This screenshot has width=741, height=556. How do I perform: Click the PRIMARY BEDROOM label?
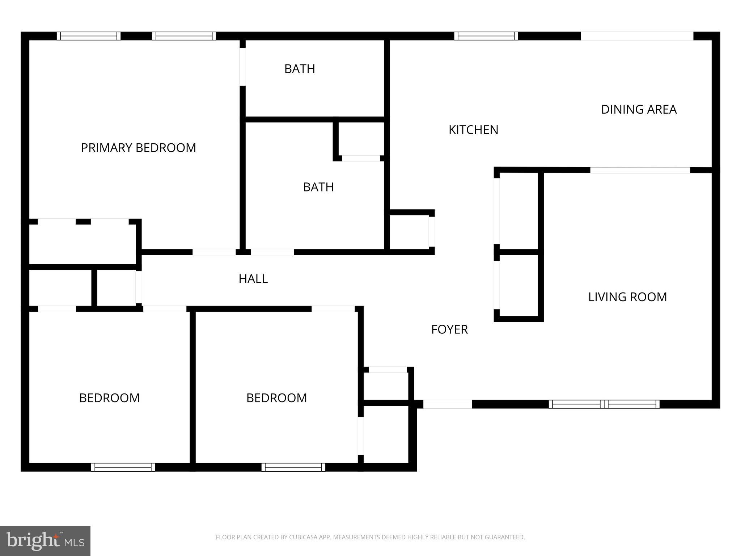click(138, 148)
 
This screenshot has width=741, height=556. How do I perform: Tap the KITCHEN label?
click(473, 130)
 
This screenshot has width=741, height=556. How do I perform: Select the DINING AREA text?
click(639, 109)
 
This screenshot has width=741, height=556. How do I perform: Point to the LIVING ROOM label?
click(627, 297)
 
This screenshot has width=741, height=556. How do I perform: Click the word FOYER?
click(449, 329)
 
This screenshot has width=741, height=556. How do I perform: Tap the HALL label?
click(253, 279)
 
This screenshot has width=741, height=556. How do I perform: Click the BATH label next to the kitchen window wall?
click(300, 69)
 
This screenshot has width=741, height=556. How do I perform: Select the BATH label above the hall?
click(318, 187)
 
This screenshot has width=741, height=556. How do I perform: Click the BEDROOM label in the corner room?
click(109, 398)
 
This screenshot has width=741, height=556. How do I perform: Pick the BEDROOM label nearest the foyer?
click(276, 398)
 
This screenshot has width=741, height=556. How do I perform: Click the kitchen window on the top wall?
click(486, 36)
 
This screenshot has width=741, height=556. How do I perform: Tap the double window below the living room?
click(604, 404)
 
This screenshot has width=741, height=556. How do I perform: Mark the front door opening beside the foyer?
click(447, 404)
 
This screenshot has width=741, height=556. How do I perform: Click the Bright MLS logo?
click(45, 541)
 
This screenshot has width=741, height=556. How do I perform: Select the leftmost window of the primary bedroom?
click(89, 36)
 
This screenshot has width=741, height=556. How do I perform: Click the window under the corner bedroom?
click(123, 467)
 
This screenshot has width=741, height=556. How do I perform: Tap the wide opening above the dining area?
click(637, 36)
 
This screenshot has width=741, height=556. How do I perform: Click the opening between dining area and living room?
click(640, 170)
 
